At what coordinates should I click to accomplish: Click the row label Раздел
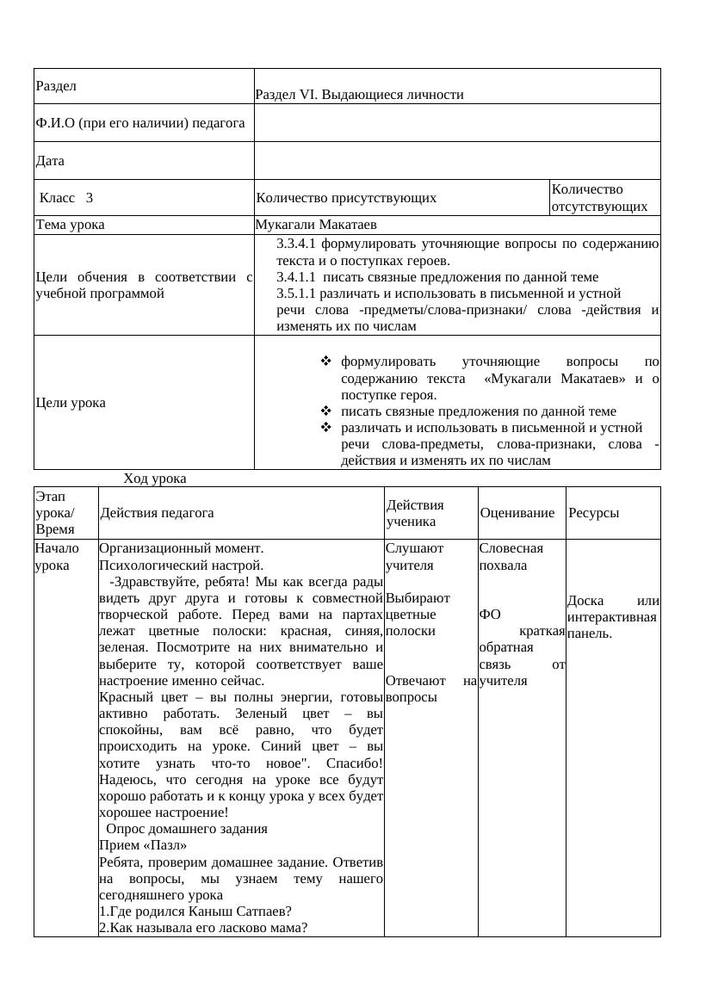[x=56, y=86]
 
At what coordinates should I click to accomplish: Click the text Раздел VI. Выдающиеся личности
[x=359, y=95]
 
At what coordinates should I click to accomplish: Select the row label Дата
[x=50, y=161]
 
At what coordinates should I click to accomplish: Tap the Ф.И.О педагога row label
[x=140, y=123]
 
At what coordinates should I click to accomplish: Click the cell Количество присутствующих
[x=346, y=197]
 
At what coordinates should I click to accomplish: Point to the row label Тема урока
[x=70, y=225]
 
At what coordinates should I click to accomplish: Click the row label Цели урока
[x=71, y=402]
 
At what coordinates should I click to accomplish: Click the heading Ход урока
[x=155, y=478]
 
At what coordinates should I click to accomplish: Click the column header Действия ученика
[x=415, y=513]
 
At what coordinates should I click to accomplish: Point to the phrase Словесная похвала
[x=511, y=557]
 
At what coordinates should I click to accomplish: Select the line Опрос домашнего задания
[x=187, y=829]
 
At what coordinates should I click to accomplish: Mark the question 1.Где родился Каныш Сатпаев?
[x=195, y=911]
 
